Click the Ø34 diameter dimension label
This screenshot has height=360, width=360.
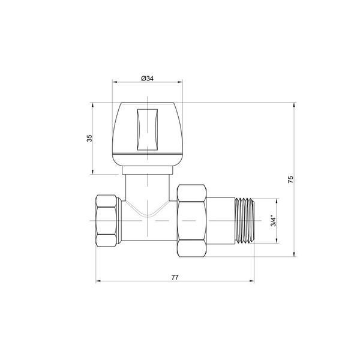click(x=147, y=79)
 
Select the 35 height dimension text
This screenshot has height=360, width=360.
click(x=89, y=138)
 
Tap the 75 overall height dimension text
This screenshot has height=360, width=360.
click(x=290, y=179)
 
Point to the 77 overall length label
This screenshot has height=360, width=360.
click(x=175, y=277)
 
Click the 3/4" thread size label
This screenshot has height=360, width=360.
click(x=274, y=221)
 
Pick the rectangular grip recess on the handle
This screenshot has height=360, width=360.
click(x=148, y=130)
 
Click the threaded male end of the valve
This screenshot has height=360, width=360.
click(x=245, y=221)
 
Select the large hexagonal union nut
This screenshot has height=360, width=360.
click(x=192, y=221)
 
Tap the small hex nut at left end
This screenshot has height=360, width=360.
click(x=106, y=221)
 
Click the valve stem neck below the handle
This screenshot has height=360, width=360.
click(x=147, y=188)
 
